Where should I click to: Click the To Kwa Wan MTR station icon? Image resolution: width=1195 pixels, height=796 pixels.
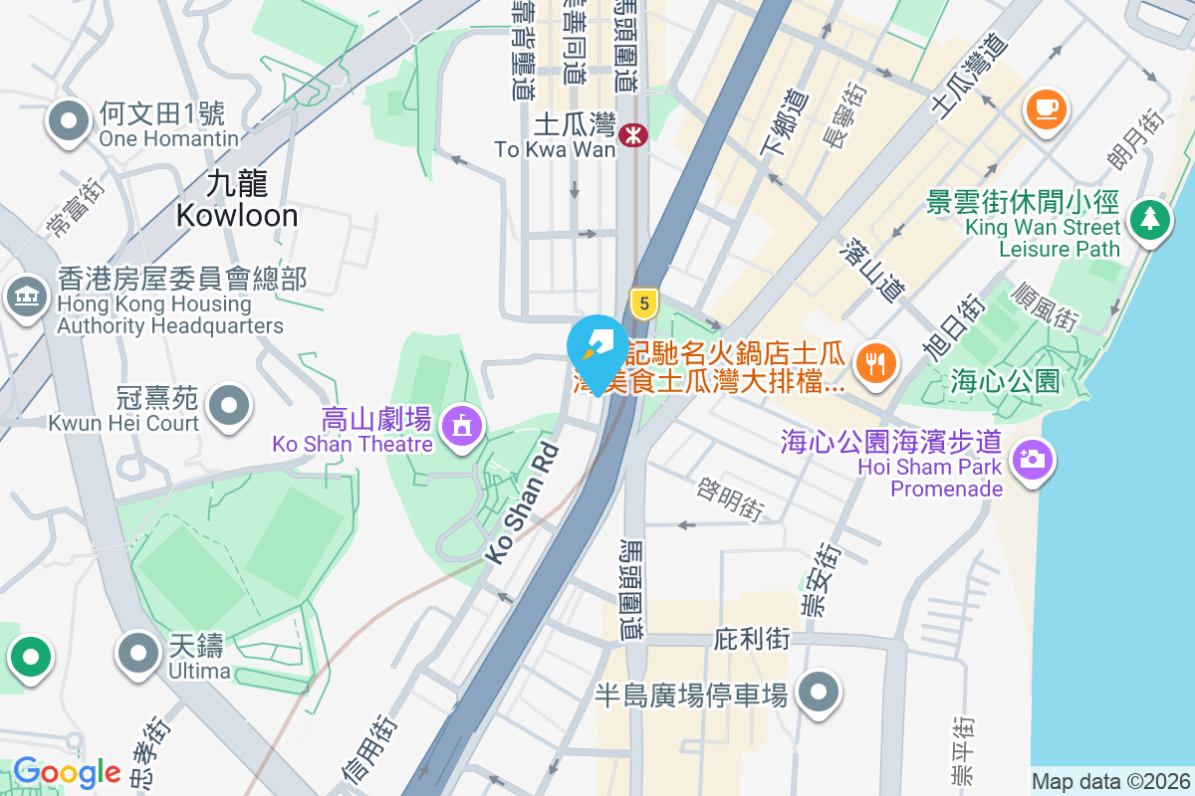coord(631,134)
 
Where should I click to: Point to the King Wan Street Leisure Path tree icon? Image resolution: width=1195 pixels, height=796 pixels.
coord(1150,217)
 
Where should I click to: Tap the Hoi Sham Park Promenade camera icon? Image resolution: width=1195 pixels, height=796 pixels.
coord(1032,459)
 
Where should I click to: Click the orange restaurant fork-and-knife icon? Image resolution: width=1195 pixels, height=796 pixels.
coord(875,362)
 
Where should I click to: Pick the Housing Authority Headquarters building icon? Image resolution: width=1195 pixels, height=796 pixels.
coord(28,296)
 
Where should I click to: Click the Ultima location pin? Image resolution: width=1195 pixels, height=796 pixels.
coord(138,653)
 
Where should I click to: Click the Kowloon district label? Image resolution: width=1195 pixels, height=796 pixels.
coord(237,199)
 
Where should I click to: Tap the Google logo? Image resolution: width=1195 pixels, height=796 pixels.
coord(66,772)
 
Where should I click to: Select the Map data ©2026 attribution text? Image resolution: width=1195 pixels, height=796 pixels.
coord(1110,782)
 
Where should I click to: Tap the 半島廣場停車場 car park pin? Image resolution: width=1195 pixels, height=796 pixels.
coord(819,693)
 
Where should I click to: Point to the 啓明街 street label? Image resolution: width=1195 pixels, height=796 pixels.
coord(731,497)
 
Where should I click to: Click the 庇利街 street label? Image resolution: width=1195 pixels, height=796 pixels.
coord(752,639)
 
